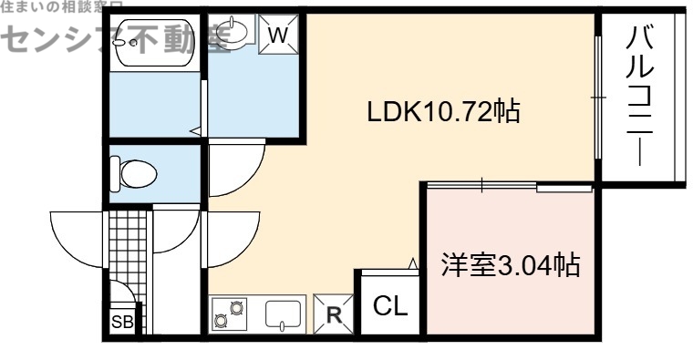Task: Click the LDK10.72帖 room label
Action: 443,112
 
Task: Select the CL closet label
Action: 390,306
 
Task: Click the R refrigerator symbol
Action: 334,315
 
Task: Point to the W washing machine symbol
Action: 281,35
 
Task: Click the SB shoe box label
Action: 121,321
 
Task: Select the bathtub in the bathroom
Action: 150,42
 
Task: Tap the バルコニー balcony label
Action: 642,96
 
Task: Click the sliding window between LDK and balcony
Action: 597,96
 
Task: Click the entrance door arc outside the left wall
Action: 78,232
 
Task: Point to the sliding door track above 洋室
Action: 509,187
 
